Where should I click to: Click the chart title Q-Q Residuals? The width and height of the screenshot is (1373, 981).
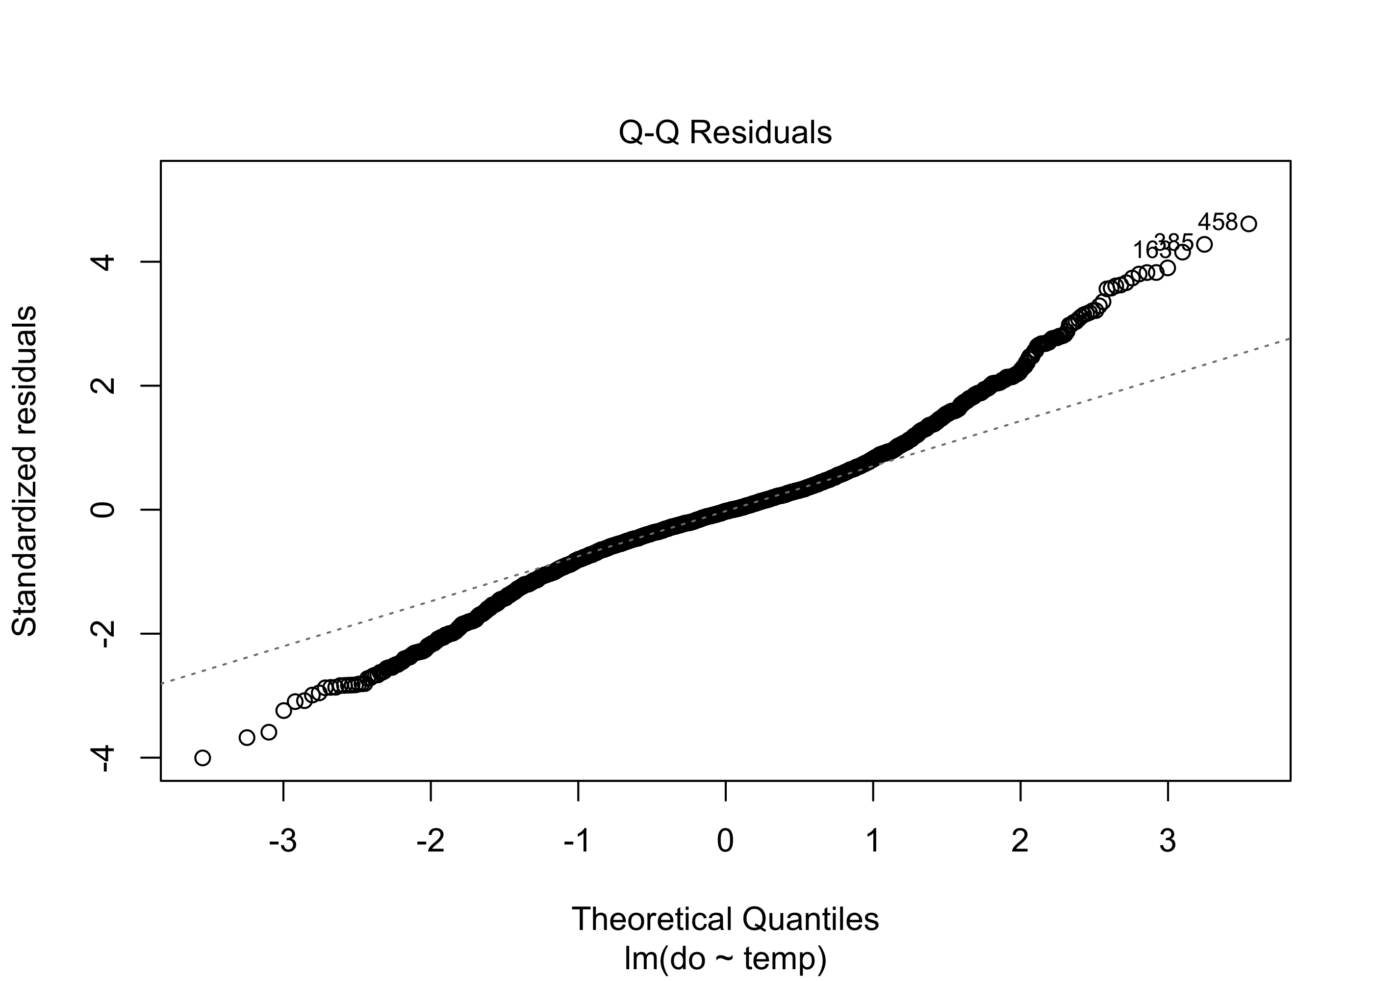pos(725,133)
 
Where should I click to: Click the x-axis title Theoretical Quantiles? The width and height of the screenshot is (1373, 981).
pos(725,919)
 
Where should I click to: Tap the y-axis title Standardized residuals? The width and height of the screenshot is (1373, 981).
pos(24,471)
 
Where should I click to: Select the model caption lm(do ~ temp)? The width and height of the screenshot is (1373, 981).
pos(725,958)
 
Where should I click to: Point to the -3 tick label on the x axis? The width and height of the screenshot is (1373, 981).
pos(282,841)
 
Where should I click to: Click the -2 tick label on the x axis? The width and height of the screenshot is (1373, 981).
pos(430,841)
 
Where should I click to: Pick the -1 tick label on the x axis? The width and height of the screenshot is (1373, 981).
pos(577,841)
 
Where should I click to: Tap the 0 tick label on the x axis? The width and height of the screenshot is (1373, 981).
pos(725,841)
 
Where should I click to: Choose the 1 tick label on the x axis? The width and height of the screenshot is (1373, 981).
pos(873,841)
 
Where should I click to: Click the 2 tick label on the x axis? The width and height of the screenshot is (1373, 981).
pos(1020,841)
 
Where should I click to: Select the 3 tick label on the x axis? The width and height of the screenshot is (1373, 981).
pos(1168,841)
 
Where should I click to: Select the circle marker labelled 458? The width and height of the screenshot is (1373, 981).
pos(1248,224)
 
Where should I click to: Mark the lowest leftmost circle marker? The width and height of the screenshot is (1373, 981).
pos(203,757)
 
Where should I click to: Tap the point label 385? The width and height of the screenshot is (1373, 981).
pos(1173,242)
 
